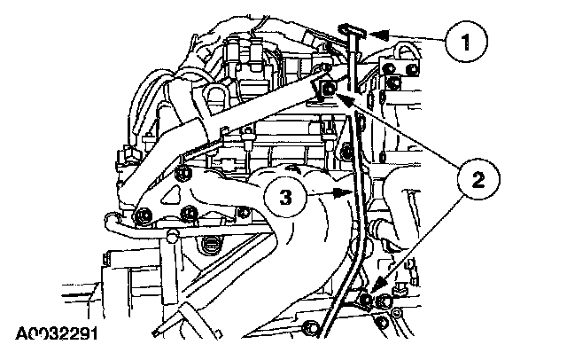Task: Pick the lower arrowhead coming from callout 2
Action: pos(373,293)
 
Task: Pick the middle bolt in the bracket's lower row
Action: pos(190,213)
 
